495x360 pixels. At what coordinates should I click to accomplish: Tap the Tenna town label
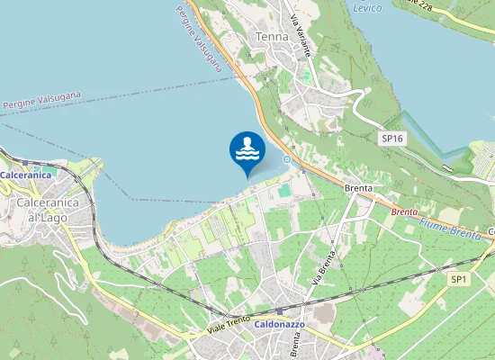(273, 37)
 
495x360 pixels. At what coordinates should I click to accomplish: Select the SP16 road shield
(391, 138)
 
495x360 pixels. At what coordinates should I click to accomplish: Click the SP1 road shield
(459, 280)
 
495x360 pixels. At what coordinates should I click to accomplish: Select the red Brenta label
(404, 212)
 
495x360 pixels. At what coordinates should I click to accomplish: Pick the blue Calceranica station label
(25, 175)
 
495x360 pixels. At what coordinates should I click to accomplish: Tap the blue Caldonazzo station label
(280, 323)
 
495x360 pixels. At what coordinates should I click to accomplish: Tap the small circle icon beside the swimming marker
(286, 159)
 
